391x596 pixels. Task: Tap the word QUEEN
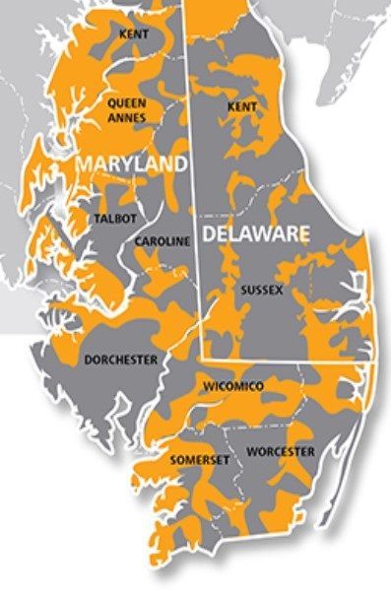click(x=127, y=101)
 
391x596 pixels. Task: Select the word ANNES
click(x=127, y=117)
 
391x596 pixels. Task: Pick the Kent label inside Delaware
click(x=241, y=105)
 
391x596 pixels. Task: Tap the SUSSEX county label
click(x=261, y=292)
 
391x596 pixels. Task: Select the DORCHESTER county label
click(x=120, y=361)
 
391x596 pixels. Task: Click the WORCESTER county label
click(x=280, y=452)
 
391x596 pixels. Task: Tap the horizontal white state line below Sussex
click(x=286, y=362)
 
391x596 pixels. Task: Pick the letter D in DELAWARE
click(x=210, y=234)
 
